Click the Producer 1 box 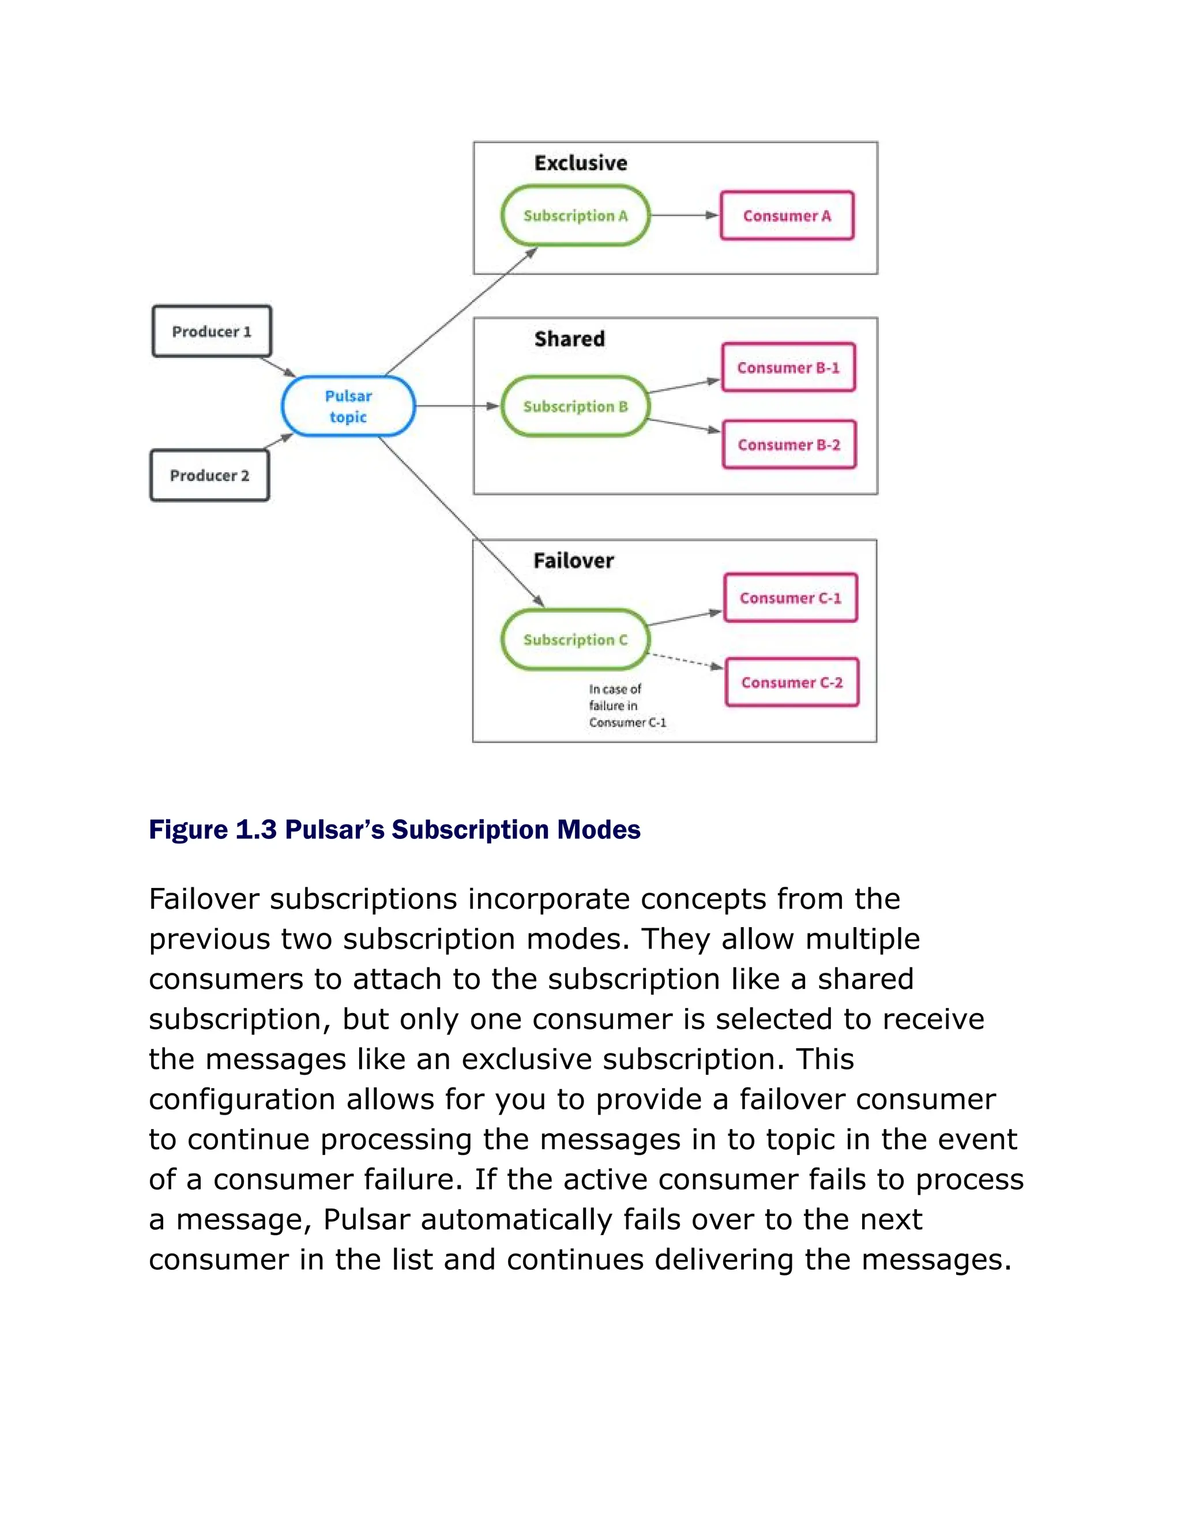[x=211, y=331]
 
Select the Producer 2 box [x=209, y=475]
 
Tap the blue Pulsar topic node [x=348, y=406]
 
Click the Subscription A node [x=575, y=216]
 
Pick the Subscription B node [x=575, y=407]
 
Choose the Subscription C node [x=575, y=639]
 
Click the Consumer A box [x=787, y=216]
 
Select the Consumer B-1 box [x=788, y=367]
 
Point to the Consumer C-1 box [x=790, y=597]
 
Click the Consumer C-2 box [x=791, y=682]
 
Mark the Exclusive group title [x=581, y=163]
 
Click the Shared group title [x=570, y=338]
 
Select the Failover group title [x=573, y=560]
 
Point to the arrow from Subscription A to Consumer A [x=684, y=216]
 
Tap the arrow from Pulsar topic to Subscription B [x=457, y=406]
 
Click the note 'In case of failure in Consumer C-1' [x=626, y=705]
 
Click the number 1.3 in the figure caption [x=256, y=830]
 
